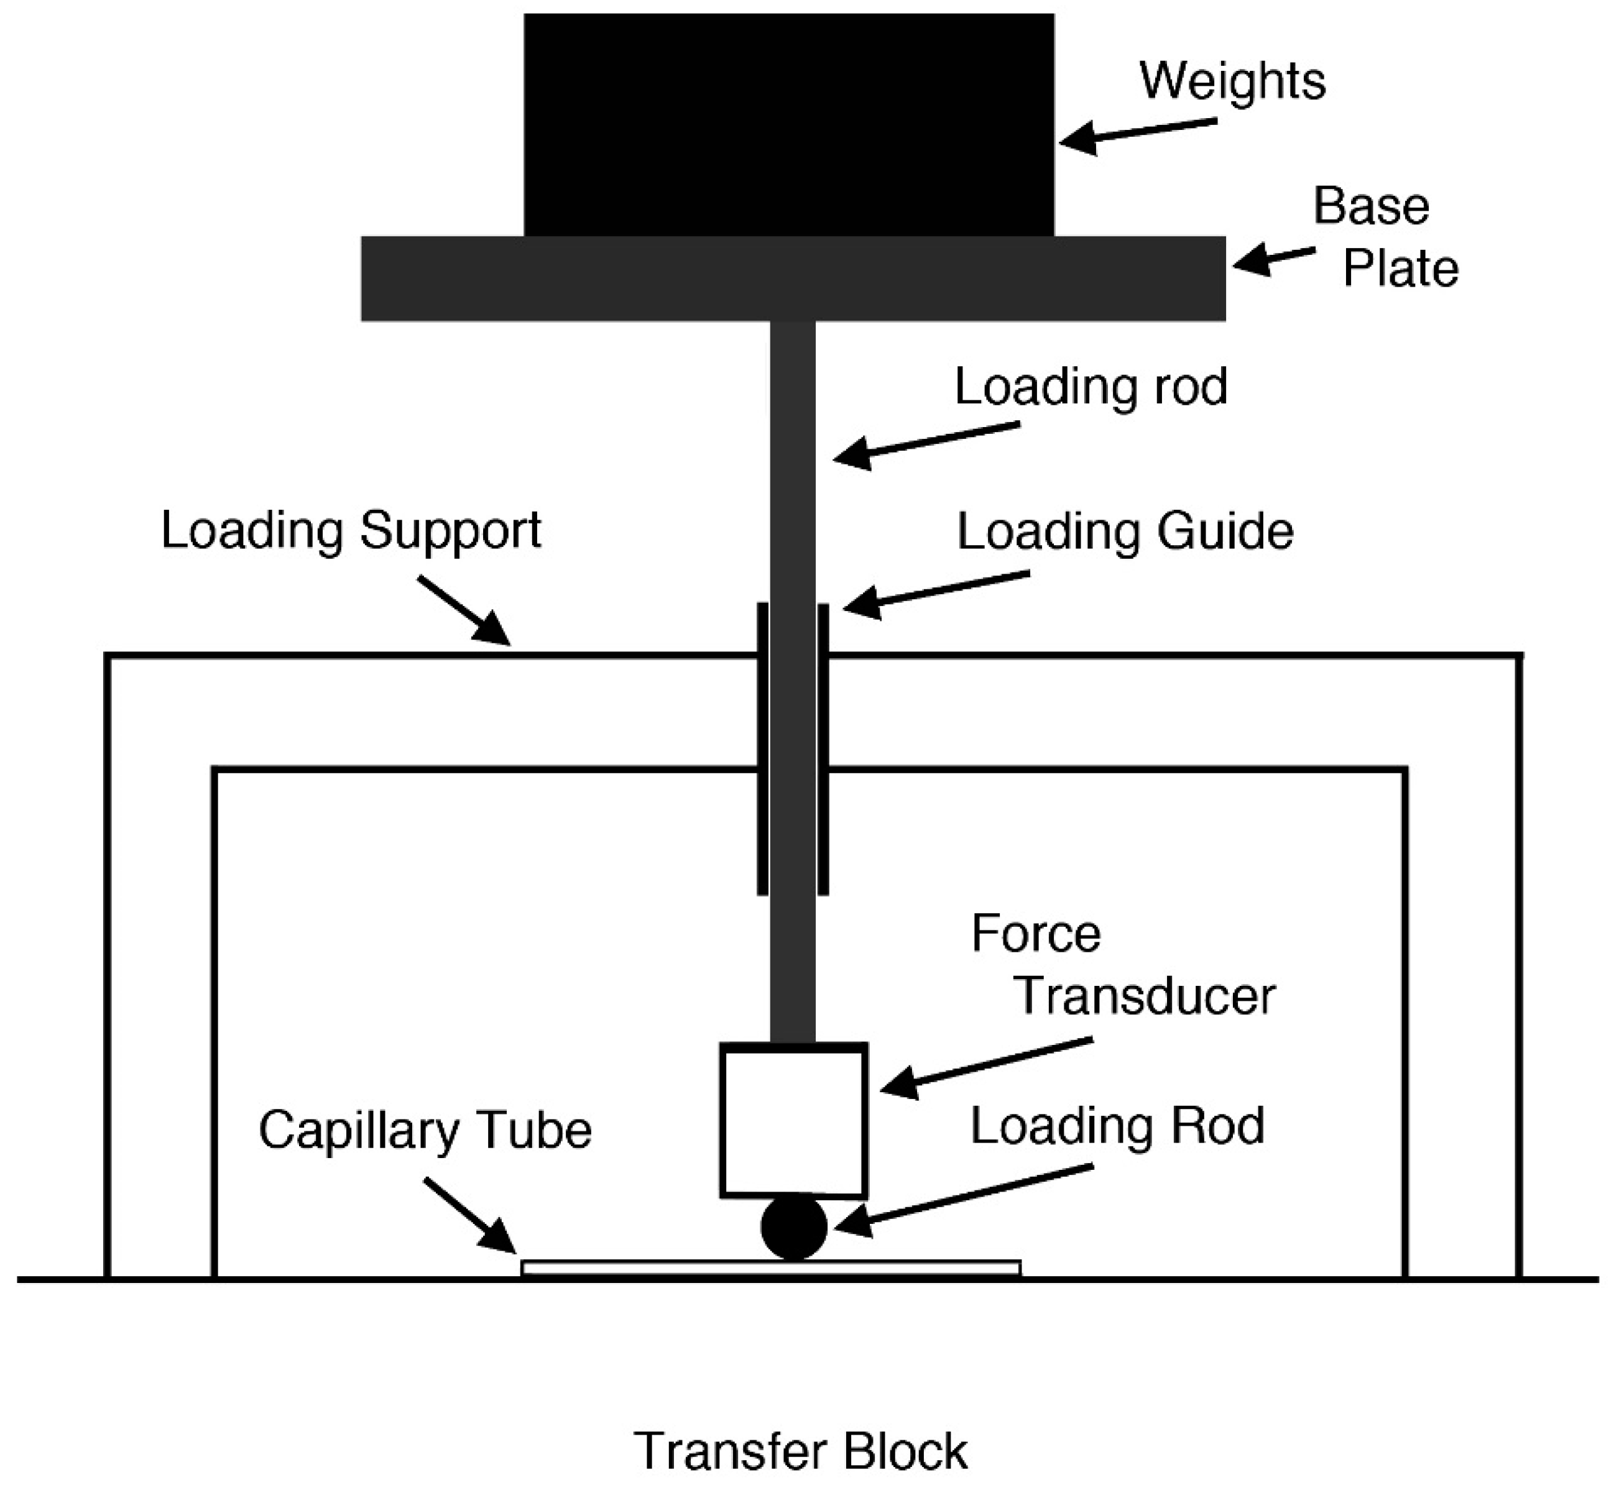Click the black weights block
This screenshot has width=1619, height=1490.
point(788,125)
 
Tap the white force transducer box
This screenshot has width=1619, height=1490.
point(793,1120)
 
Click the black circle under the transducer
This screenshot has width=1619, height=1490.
point(793,1227)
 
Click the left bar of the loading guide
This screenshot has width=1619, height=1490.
point(762,749)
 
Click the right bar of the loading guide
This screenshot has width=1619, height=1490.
point(823,749)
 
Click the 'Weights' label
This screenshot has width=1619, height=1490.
point(1232,81)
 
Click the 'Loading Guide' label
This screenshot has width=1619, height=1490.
point(1125,532)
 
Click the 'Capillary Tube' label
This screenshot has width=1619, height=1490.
point(425,1131)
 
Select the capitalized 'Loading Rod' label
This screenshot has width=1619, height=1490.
point(1117,1126)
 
